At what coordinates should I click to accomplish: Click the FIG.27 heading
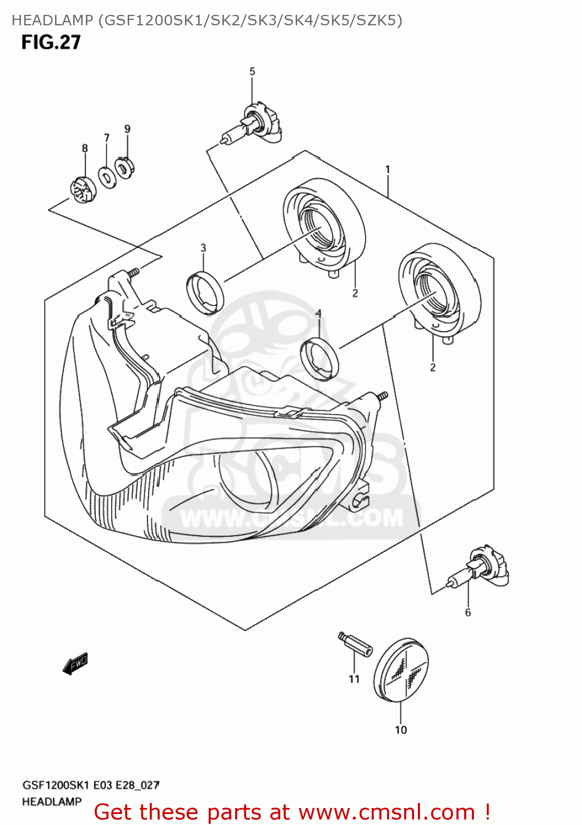click(x=51, y=42)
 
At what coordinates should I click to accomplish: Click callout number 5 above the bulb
click(x=252, y=71)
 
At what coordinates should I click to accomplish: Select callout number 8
click(x=85, y=148)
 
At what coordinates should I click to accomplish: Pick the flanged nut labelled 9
click(x=125, y=167)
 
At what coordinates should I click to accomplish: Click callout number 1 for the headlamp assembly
click(x=388, y=169)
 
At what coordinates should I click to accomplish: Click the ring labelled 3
click(x=205, y=293)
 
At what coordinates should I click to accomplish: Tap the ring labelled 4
click(x=319, y=360)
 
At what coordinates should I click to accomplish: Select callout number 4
click(x=318, y=313)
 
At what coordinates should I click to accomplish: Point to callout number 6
click(x=468, y=613)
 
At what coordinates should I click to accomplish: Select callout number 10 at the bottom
click(x=401, y=730)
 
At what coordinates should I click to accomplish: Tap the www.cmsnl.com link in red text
click(x=385, y=812)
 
